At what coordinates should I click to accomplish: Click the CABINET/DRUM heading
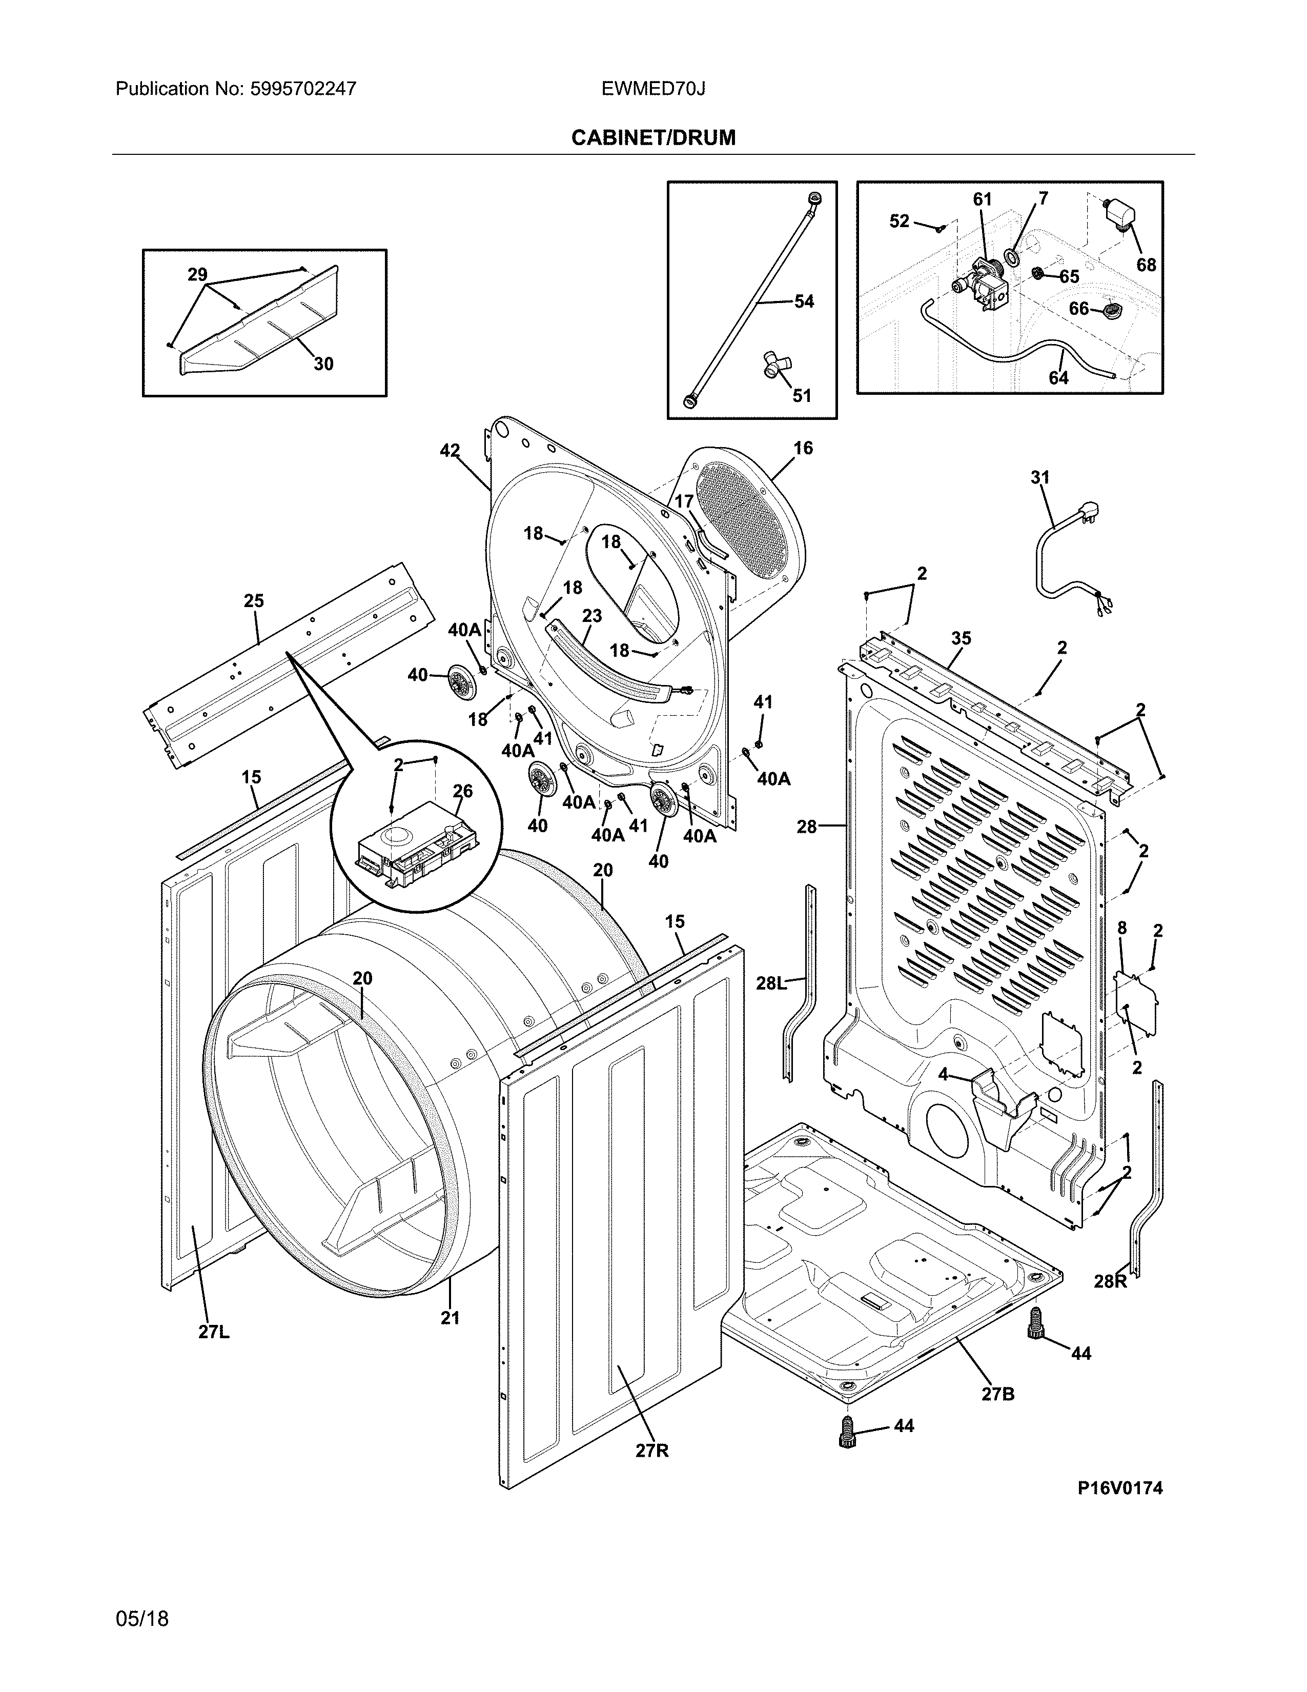coord(652,138)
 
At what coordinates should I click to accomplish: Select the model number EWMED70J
coord(652,89)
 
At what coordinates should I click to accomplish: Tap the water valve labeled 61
coord(982,287)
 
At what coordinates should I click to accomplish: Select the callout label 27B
coord(997,1394)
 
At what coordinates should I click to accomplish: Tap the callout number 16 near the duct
coord(803,448)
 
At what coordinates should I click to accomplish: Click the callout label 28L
coord(771,983)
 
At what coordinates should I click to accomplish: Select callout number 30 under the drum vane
coord(323,364)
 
